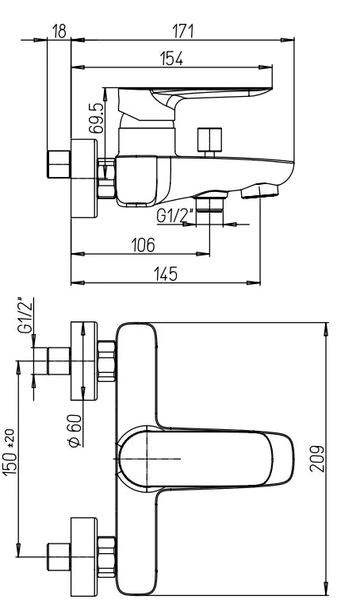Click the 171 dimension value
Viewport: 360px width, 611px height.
pyautogui.click(x=184, y=31)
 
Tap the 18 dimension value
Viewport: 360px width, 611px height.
pyautogui.click(x=59, y=31)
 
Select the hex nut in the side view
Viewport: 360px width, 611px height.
pyautogui.click(x=106, y=176)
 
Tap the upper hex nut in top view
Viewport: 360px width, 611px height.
pyautogui.click(x=106, y=360)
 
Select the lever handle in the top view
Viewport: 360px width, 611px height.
pyautogui.click(x=206, y=459)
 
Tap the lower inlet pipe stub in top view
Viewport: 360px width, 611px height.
pyautogui.click(x=58, y=556)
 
